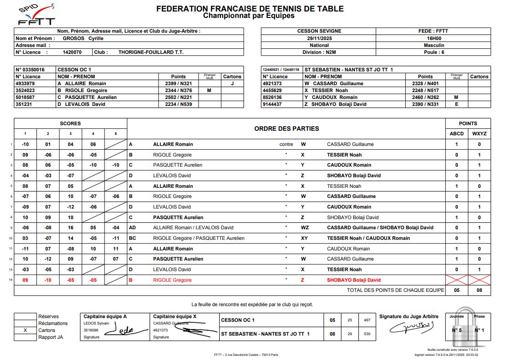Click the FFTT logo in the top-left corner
(36, 15)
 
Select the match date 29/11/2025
(319, 38)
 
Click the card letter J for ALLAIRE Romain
(232, 83)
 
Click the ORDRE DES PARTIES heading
(286, 128)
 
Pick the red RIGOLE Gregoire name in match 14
(172, 280)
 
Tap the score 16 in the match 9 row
(70, 227)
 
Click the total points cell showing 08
(479, 290)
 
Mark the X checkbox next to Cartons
(25, 330)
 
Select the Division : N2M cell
(319, 52)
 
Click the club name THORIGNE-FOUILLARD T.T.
(151, 52)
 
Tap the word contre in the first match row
(286, 144)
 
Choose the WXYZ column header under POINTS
(479, 134)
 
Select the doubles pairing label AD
(132, 227)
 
